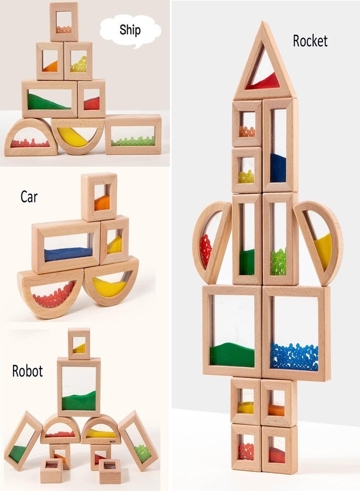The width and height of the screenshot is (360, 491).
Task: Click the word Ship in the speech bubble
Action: pos(130,31)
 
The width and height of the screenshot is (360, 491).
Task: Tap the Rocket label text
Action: pos(310,41)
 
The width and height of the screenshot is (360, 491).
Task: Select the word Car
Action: pos(29,196)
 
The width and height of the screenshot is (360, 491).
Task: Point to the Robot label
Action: pos(27,371)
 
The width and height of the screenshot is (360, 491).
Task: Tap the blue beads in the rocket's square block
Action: pos(294,357)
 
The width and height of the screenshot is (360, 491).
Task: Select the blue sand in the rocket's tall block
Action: pos(278,168)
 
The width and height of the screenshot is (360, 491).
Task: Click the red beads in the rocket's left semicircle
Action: pos(205,250)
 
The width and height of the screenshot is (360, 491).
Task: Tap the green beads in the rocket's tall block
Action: pos(278,262)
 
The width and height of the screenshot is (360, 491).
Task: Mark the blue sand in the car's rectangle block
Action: pos(69,254)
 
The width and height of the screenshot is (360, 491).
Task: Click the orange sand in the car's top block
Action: pos(102,203)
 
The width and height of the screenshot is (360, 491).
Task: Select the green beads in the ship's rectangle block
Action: pos(133,141)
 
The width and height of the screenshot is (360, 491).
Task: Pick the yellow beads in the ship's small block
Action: pos(79,64)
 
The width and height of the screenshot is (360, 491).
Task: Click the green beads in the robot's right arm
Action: pos(143,453)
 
